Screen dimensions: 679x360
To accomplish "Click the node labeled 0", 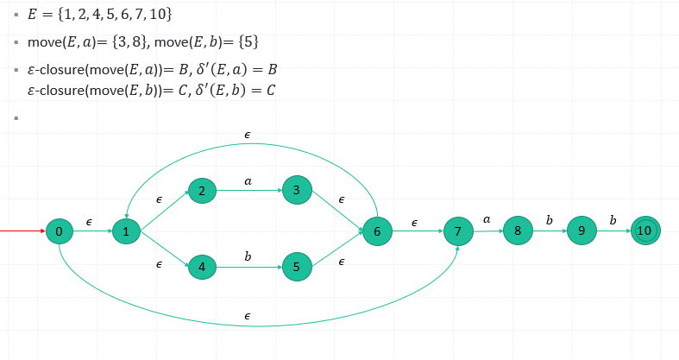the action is pyautogui.click(x=59, y=231).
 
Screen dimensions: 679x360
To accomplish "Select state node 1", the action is pyautogui.click(x=126, y=231).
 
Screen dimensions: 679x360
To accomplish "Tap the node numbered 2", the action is pyautogui.click(x=201, y=192).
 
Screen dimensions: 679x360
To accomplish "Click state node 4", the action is pyautogui.click(x=202, y=267).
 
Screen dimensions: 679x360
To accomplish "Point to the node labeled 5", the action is pyautogui.click(x=296, y=267).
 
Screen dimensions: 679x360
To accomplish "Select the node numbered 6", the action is pyautogui.click(x=377, y=231).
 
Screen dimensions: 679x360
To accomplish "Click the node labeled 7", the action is pyautogui.click(x=457, y=232).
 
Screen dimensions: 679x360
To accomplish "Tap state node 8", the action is pyautogui.click(x=517, y=231).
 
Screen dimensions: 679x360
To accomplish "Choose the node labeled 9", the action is pyautogui.click(x=582, y=231).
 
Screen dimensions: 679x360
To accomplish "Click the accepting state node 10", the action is pyautogui.click(x=644, y=231).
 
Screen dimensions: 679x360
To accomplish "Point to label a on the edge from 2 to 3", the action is pyautogui.click(x=248, y=181).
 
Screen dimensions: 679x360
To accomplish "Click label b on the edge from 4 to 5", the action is pyautogui.click(x=248, y=256).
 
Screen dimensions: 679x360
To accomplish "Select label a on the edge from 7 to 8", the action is pyautogui.click(x=487, y=220).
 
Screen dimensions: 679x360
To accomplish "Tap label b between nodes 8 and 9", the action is pyautogui.click(x=550, y=220).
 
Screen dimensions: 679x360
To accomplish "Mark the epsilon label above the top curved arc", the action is pyautogui.click(x=248, y=136).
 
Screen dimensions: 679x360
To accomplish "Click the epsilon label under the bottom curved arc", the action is pyautogui.click(x=248, y=317).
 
